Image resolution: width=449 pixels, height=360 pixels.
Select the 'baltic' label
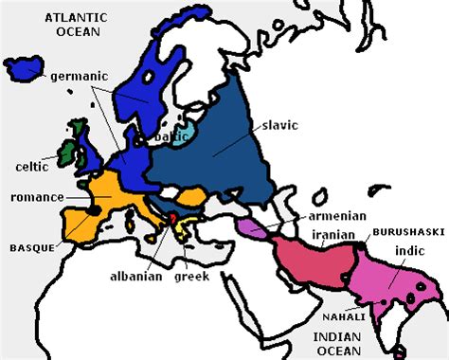click(x=171, y=135)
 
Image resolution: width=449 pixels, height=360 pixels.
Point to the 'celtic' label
click(x=33, y=167)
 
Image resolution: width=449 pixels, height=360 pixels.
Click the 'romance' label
click(x=37, y=197)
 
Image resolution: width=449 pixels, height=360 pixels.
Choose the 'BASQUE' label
click(x=30, y=247)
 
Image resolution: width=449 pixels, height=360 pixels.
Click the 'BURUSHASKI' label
click(x=404, y=231)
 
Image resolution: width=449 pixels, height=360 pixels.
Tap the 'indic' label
click(x=409, y=251)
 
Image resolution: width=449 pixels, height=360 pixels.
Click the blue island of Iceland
click(x=24, y=68)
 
